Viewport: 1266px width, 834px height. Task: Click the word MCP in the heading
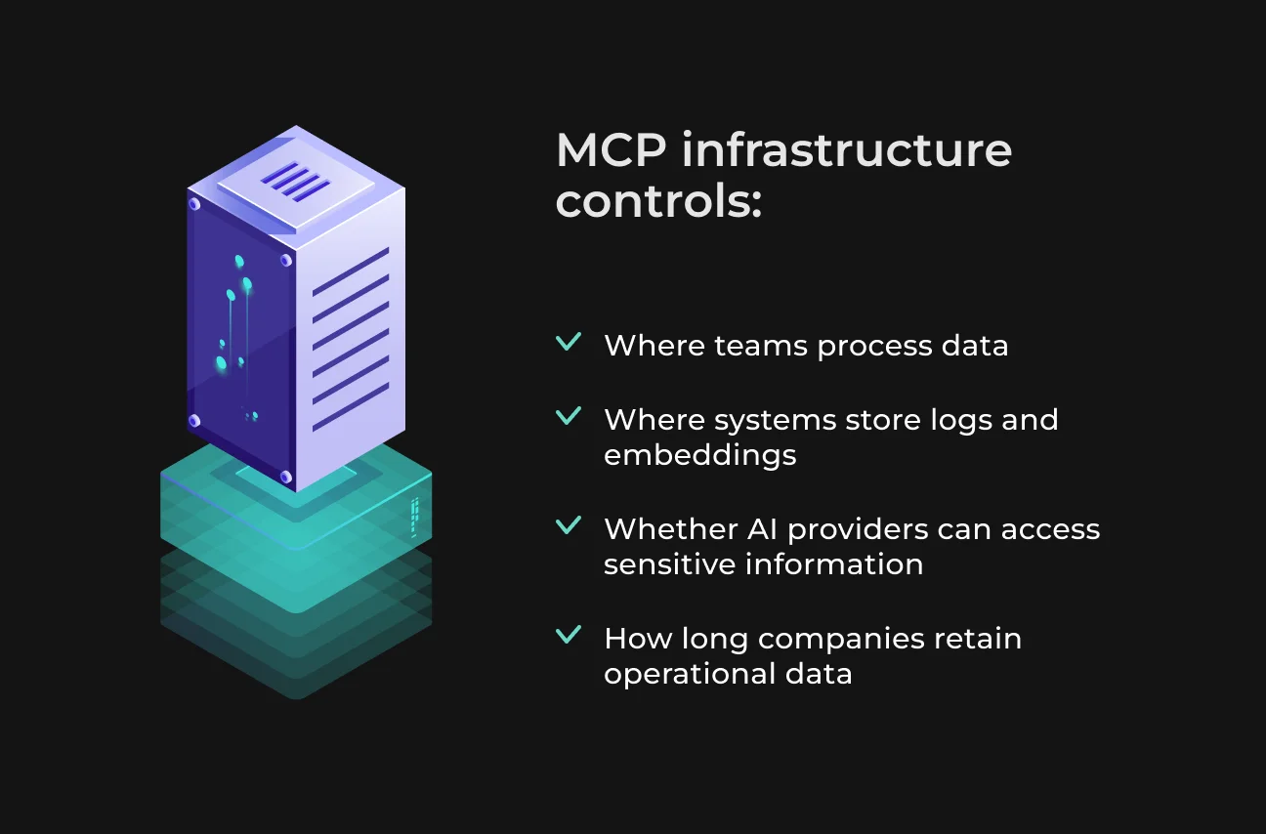click(612, 150)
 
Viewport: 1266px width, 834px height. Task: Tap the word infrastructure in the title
click(847, 149)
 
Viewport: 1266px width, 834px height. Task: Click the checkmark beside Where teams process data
click(569, 342)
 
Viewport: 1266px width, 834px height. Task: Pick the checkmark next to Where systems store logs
click(569, 416)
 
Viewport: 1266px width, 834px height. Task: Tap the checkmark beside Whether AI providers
click(569, 525)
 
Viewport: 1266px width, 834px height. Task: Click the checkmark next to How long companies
click(569, 635)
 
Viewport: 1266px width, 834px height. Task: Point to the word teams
click(761, 346)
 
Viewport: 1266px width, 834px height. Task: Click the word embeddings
click(700, 455)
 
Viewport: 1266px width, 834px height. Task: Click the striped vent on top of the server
click(295, 182)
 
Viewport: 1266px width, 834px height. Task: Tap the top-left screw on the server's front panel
click(194, 204)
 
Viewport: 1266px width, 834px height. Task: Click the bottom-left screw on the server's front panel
click(194, 420)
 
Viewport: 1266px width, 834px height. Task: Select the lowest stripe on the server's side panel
click(351, 407)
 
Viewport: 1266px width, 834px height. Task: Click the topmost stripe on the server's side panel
click(351, 271)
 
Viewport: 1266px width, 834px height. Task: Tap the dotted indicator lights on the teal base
click(415, 518)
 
